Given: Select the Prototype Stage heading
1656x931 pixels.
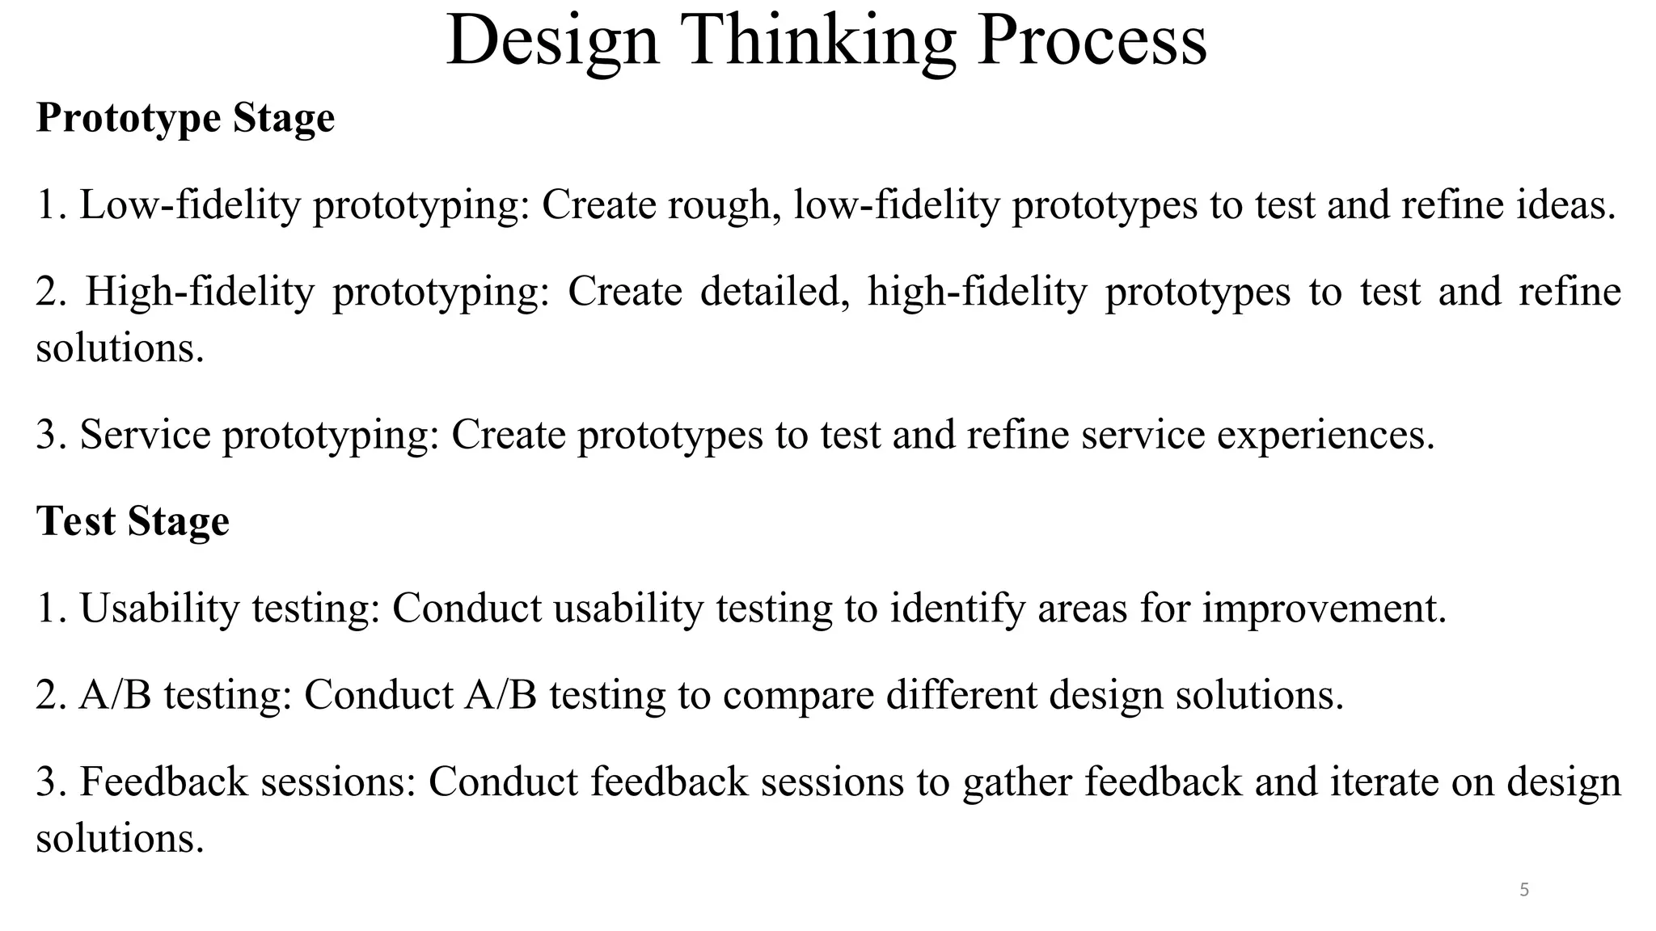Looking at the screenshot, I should click(x=185, y=118).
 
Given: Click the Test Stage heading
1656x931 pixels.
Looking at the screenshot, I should click(x=133, y=520).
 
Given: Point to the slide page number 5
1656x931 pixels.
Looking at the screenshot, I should click(x=1524, y=890).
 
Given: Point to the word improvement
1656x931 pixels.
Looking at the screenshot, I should click(x=1324, y=608).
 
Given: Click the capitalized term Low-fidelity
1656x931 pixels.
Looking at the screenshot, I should click(x=189, y=204).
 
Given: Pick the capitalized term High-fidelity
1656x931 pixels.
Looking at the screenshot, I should click(x=200, y=292).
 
